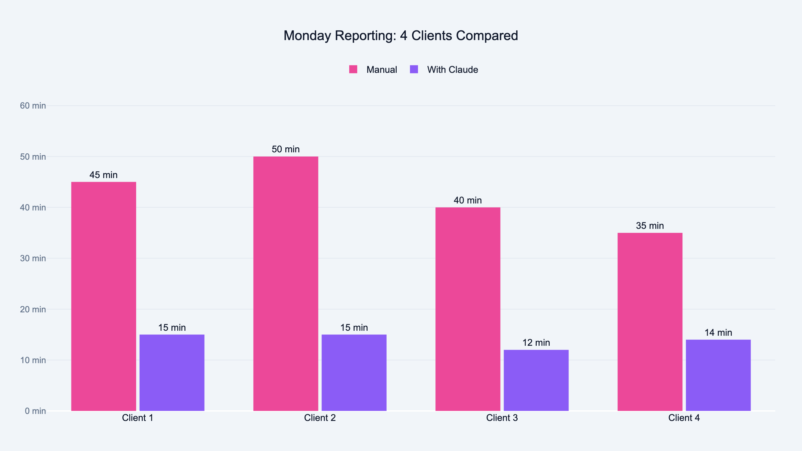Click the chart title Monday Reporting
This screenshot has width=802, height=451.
pyautogui.click(x=401, y=36)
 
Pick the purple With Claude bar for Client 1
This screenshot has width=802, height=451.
pyautogui.click(x=172, y=372)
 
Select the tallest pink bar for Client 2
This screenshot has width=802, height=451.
pyautogui.click(x=286, y=284)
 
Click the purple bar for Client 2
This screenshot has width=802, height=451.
pyautogui.click(x=354, y=372)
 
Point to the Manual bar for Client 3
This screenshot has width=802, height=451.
pyautogui.click(x=468, y=309)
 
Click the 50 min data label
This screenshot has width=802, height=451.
pyautogui.click(x=286, y=149)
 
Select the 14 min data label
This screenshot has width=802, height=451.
pyautogui.click(x=718, y=333)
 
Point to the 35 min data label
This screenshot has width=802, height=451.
pyautogui.click(x=650, y=226)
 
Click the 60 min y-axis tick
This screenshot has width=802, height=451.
pyautogui.click(x=33, y=106)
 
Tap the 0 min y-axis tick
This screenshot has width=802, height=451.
pyautogui.click(x=35, y=411)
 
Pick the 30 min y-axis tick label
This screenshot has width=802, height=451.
pyautogui.click(x=33, y=258)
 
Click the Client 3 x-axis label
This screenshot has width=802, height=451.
pyautogui.click(x=502, y=418)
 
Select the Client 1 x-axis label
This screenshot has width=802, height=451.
pyautogui.click(x=138, y=418)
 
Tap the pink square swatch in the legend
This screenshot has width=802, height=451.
pyautogui.click(x=353, y=69)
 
